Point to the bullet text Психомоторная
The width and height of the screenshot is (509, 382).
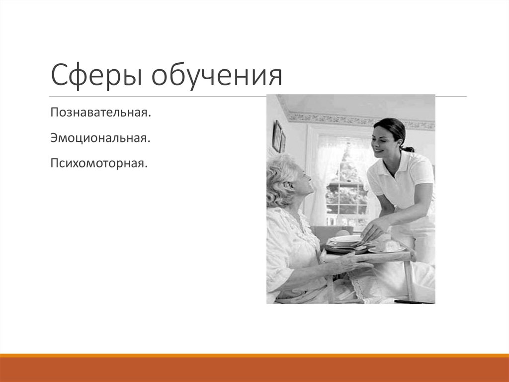coord(98,162)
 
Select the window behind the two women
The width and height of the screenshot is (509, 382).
coord(343,179)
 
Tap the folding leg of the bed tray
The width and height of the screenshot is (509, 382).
coord(409,279)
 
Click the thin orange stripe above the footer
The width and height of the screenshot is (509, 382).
coord(254,355)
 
